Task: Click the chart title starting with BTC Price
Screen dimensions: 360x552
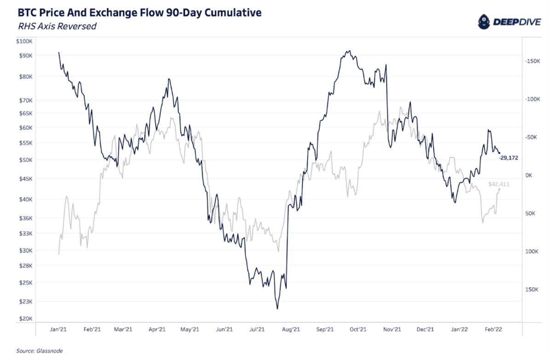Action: (x=139, y=12)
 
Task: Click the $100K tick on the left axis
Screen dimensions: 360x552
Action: (x=24, y=41)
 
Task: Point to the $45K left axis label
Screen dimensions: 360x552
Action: (x=25, y=179)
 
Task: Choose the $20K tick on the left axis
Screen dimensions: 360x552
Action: (x=25, y=319)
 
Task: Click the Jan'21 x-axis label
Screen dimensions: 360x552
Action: (x=58, y=329)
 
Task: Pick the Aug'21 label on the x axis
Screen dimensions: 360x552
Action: (x=290, y=329)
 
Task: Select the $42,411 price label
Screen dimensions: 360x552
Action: (x=500, y=185)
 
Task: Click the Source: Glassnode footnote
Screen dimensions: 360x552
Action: (x=39, y=351)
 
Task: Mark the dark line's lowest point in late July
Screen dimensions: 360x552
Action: (x=277, y=309)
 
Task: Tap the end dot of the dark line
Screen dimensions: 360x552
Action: (x=500, y=153)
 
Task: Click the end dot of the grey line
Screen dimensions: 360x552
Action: (x=500, y=189)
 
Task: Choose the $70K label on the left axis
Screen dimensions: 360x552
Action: (x=25, y=100)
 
